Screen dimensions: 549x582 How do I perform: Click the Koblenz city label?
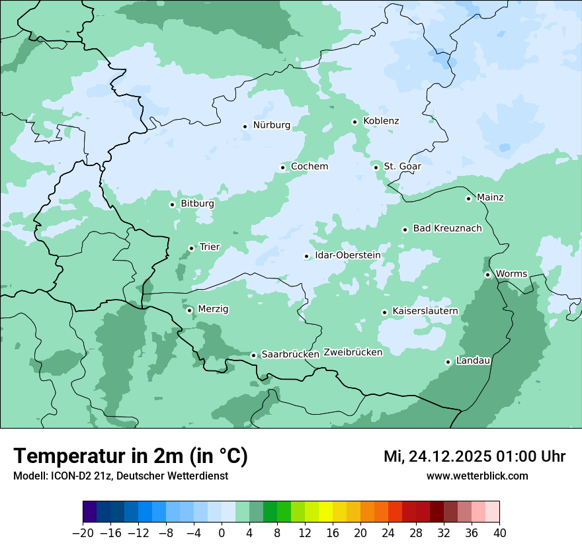381,121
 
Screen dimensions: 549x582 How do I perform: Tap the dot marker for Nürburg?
245,126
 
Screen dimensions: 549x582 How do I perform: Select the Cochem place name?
309,167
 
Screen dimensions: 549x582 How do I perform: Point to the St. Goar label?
402,167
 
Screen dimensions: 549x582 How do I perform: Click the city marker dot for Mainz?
468,198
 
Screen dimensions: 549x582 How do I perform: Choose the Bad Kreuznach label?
447,229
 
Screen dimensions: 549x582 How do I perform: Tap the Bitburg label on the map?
197,204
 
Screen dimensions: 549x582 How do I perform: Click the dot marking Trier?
191,248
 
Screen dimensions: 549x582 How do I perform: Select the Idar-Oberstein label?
347,255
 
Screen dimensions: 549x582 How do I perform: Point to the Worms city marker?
487,274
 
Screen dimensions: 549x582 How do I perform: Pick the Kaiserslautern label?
425,311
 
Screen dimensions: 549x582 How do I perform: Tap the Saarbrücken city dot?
253,355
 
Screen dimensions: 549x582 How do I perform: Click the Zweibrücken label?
353,353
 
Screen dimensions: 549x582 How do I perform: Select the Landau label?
473,361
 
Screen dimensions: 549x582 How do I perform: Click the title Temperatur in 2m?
130,456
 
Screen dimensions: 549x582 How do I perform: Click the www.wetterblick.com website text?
477,476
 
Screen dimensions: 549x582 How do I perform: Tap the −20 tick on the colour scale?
83,533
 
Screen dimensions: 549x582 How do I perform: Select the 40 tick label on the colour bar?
499,533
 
